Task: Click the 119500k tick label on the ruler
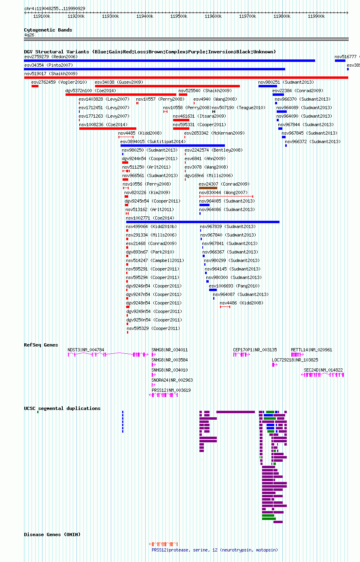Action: [179, 16]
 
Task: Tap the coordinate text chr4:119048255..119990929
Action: [55, 8]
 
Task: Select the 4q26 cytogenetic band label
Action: [29, 35]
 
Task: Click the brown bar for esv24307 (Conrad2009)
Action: [208, 188]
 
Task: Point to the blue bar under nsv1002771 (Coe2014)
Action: [203, 222]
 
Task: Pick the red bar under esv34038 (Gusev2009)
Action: [167, 86]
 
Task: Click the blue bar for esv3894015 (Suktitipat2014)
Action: [173, 146]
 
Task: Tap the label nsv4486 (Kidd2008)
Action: [241, 303]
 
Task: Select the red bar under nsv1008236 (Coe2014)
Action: [108, 129]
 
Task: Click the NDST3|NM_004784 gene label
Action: [86, 350]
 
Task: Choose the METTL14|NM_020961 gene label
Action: [311, 350]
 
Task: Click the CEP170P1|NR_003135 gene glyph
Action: [241, 355]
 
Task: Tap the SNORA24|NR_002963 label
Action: [172, 380]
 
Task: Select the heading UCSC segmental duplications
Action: [62, 408]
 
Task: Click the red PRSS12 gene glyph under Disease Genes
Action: [163, 544]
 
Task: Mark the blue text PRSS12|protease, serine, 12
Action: [184, 550]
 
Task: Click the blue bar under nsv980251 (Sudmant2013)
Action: [268, 86]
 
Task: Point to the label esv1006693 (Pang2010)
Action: [234, 286]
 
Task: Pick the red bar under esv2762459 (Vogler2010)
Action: [35, 86]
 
